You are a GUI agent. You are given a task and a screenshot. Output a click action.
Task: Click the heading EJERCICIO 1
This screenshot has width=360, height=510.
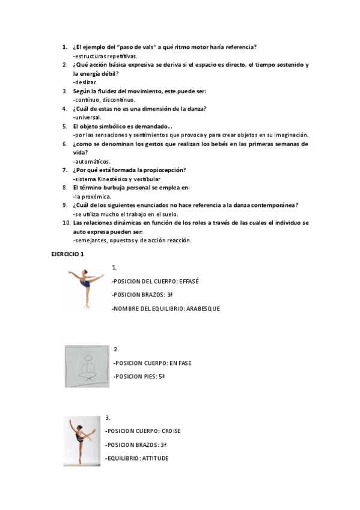tap(67, 254)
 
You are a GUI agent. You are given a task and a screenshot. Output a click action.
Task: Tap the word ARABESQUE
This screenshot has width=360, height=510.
tap(203, 309)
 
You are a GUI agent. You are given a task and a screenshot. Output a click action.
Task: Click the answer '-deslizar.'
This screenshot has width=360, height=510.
tap(84, 82)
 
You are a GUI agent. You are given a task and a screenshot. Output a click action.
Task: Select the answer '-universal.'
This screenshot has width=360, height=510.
tap(87, 117)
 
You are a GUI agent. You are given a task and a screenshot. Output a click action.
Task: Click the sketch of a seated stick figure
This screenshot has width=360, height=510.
tap(88, 367)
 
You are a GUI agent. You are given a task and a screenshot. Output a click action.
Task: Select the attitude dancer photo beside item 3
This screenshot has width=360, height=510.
tap(82, 441)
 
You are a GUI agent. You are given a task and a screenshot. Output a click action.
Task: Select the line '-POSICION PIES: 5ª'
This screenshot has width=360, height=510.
tap(139, 376)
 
